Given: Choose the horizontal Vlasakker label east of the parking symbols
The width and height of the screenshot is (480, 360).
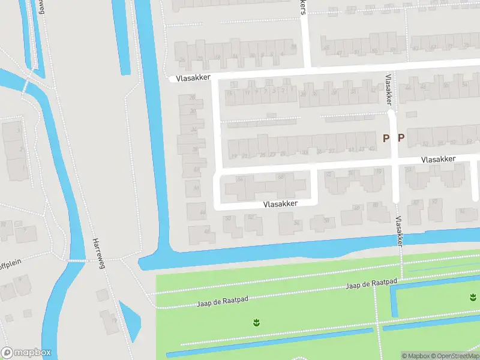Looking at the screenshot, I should tap(438, 159).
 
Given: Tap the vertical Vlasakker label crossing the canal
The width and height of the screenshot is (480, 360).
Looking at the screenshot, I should tap(398, 232).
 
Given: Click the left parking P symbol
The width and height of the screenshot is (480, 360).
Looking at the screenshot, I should tap(386, 138).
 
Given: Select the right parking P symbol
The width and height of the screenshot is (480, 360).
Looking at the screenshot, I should tap(401, 138).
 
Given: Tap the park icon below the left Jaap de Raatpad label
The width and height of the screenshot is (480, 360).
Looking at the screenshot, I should tap(256, 323).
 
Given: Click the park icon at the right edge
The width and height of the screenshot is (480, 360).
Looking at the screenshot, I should tap(473, 297).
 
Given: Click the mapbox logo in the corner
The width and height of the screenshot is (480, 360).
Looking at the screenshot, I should tap(26, 353).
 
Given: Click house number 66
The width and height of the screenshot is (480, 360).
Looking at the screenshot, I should tap(281, 176).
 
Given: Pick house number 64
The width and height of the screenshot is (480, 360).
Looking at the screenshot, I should tap(241, 179).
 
